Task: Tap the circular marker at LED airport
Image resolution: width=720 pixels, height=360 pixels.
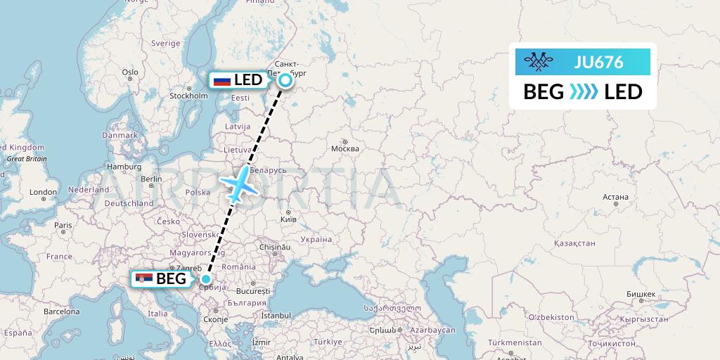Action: (x=285, y=80)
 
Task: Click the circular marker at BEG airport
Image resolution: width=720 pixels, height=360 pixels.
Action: (x=205, y=278)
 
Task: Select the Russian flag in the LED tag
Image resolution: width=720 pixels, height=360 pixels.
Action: (x=222, y=81)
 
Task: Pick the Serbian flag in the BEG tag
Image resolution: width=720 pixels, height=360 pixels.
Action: (x=143, y=279)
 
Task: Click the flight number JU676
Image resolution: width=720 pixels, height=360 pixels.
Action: (x=598, y=62)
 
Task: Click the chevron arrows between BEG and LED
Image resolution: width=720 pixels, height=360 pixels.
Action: (x=584, y=92)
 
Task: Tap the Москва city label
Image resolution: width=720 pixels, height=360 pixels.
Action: (x=345, y=148)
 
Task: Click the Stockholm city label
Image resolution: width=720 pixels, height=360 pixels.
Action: (x=188, y=96)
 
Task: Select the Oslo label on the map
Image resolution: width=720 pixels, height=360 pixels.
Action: (x=130, y=72)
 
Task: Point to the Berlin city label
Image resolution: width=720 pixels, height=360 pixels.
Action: (x=151, y=179)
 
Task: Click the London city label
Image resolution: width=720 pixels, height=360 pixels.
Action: (x=43, y=192)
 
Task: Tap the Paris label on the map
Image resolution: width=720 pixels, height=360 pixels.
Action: (x=63, y=226)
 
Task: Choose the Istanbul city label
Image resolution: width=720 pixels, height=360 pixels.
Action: (x=275, y=316)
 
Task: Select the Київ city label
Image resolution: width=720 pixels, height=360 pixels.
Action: (x=288, y=219)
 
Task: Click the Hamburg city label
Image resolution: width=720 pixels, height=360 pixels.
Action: (x=125, y=167)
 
